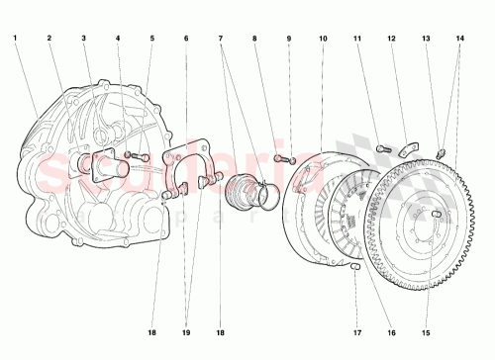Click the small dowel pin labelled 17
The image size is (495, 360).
[x=356, y=265]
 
